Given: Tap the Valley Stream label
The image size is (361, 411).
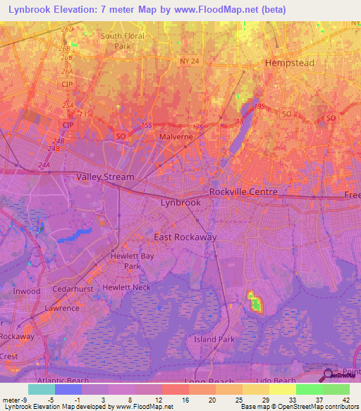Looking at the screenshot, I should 105,177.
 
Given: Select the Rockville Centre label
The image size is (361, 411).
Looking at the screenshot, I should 243,192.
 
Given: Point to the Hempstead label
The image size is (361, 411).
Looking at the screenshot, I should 289,63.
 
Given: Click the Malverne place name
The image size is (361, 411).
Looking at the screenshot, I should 176,137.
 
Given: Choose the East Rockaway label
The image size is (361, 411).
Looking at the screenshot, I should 185,237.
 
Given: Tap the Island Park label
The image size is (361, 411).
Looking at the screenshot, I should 214,340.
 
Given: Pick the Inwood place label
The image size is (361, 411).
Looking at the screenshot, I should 27,291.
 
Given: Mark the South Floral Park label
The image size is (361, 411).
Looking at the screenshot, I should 123,41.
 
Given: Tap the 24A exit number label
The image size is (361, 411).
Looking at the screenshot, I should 44,165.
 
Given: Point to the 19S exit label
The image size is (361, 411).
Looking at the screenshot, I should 259,106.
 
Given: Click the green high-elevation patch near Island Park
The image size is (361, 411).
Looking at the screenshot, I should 255,303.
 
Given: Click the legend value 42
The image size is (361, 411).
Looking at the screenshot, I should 345,399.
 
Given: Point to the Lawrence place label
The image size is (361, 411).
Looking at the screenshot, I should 63,309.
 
